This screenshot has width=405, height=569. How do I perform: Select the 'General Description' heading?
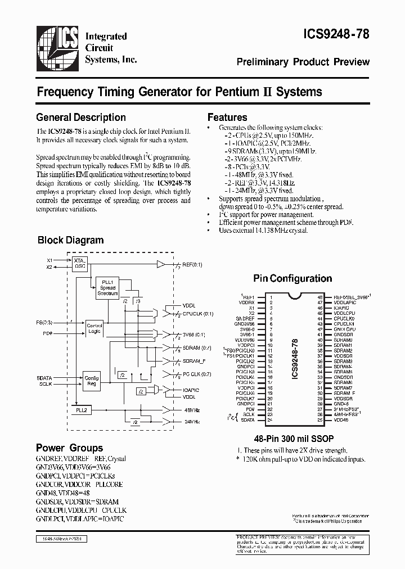coord(81,118)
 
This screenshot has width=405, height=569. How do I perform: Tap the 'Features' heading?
coord(227,118)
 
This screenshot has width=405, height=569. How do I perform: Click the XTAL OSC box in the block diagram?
coord(79,264)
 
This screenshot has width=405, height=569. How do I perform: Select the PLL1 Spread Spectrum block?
coord(107,287)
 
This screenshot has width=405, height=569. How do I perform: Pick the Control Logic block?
coord(93,328)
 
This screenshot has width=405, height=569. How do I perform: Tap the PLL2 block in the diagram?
coord(82,411)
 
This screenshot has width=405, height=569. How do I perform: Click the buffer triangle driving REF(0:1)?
coord(161,264)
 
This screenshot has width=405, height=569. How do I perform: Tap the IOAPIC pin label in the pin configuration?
coord(342,308)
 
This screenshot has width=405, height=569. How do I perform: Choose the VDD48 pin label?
coord(341,420)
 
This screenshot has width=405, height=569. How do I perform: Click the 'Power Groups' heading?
coord(69,448)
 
